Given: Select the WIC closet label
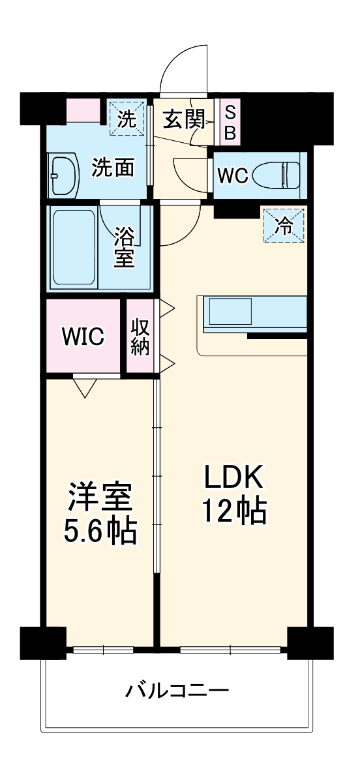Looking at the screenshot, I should click(83, 337).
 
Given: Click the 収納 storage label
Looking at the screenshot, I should click(140, 337).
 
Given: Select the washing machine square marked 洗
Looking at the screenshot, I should click(126, 119).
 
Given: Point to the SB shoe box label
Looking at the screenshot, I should click(230, 122).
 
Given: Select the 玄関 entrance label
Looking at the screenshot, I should click(183, 119).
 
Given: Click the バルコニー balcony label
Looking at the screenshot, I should click(177, 689).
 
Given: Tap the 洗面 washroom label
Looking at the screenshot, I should click(112, 167).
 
